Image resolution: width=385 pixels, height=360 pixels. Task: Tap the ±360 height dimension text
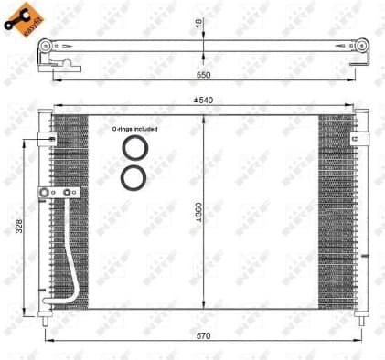point(198,212)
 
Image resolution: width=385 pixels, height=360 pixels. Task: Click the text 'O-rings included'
point(134,129)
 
